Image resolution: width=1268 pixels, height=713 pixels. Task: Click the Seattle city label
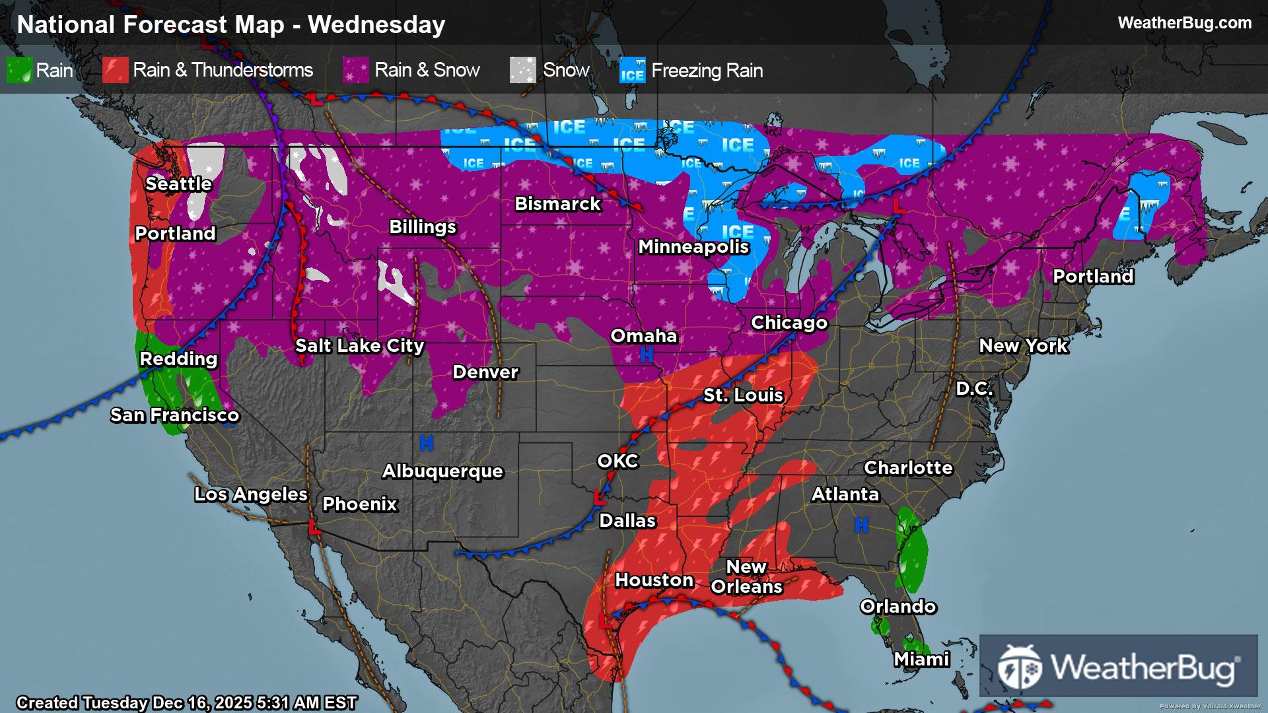tap(178, 184)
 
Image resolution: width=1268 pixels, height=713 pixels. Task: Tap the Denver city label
tap(485, 372)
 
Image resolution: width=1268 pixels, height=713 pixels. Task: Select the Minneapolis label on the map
tap(693, 247)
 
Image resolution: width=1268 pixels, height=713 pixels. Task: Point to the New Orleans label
tap(746, 576)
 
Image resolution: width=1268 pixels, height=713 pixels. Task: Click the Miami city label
tap(921, 659)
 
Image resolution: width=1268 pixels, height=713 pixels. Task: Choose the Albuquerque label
tap(442, 471)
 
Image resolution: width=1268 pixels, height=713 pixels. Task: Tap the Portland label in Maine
tap(1093, 277)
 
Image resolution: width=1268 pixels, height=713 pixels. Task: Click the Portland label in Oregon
tap(175, 233)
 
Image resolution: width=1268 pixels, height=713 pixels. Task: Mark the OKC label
tap(617, 461)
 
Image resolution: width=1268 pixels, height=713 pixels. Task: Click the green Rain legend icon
tap(19, 70)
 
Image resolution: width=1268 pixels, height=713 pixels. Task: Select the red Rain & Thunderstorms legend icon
tap(115, 70)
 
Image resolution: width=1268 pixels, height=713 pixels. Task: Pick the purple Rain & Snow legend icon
tap(356, 70)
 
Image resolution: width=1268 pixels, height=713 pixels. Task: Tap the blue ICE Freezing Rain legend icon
tap(632, 71)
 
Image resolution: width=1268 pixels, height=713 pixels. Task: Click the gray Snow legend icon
tap(523, 70)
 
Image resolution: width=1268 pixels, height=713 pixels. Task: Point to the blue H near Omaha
tap(646, 355)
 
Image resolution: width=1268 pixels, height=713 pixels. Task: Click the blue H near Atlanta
tap(861, 526)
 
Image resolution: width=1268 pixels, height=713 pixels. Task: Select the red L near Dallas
tap(600, 498)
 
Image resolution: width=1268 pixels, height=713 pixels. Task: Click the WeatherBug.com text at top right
tap(1184, 22)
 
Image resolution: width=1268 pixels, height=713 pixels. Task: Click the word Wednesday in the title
tap(376, 24)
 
